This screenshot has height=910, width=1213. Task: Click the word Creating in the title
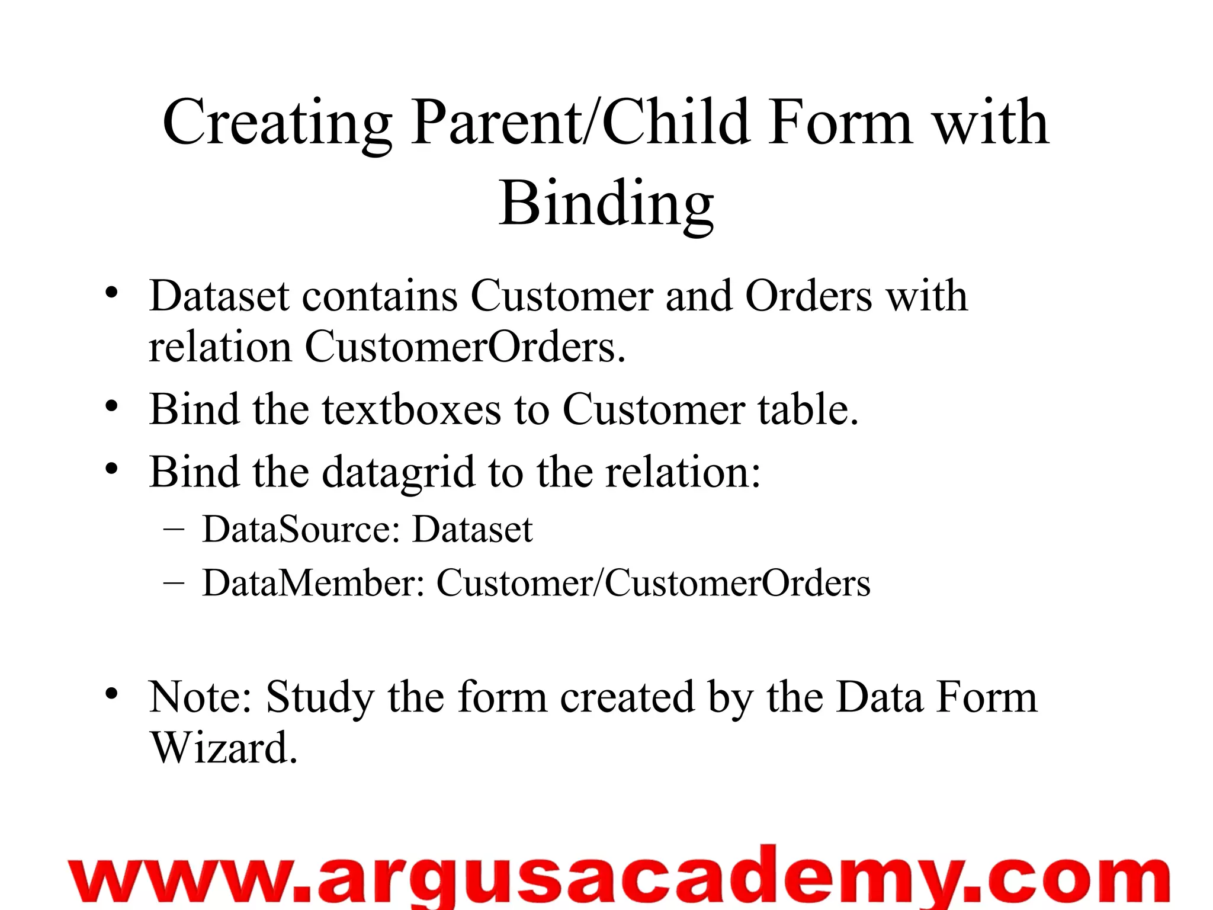[x=277, y=123]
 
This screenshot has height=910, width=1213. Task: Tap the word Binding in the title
[x=606, y=204]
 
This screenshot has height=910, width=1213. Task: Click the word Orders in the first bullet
[x=808, y=296]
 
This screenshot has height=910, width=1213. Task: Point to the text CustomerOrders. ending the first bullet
[x=465, y=347]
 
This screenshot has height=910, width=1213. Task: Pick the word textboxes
[x=411, y=409]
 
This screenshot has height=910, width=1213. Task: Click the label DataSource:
[x=301, y=528]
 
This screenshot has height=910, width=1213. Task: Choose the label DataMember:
[x=314, y=583]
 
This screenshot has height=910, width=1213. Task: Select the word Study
[x=320, y=698]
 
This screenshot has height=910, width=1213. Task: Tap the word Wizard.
[x=223, y=748]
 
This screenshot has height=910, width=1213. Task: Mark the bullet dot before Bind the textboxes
[x=112, y=407]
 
